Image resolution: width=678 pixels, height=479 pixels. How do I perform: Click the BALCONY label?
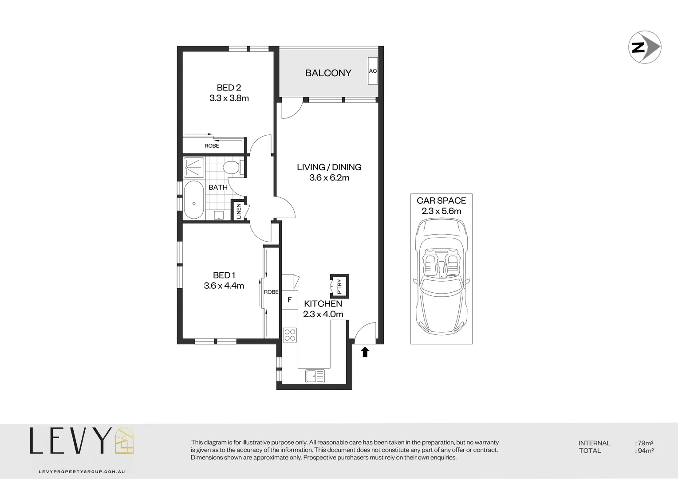click(328, 73)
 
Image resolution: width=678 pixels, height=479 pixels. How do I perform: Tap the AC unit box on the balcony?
click(373, 71)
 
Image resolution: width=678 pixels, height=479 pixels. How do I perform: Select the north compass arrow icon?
click(645, 47)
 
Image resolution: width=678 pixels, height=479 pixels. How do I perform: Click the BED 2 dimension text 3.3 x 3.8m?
click(229, 98)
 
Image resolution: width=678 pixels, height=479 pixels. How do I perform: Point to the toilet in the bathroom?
click(231, 168)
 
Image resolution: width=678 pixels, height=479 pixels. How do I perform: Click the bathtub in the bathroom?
click(194, 200)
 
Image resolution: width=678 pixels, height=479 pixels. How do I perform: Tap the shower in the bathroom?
click(194, 168)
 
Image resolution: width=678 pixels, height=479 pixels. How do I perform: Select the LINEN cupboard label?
click(239, 211)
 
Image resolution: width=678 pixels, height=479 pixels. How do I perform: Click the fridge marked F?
click(289, 300)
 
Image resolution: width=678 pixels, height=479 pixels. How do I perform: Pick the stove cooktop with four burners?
click(290, 335)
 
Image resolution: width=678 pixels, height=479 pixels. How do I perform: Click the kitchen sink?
click(315, 376)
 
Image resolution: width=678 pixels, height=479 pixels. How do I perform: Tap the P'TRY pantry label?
click(339, 286)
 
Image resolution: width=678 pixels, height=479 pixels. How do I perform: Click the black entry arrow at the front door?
click(365, 352)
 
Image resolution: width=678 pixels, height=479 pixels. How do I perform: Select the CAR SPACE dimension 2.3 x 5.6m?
click(441, 212)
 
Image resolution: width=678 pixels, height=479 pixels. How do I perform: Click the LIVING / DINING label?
click(329, 167)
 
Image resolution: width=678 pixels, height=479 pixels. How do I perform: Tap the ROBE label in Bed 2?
click(212, 146)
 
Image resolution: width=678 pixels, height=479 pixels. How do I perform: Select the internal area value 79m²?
click(645, 443)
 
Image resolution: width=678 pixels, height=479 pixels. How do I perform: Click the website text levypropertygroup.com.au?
click(82, 471)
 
